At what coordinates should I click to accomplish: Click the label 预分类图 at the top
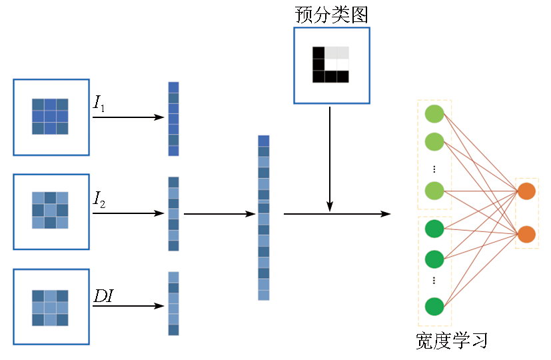coord(331,15)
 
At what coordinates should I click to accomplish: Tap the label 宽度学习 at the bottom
coord(452,341)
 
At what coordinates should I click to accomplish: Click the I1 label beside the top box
coord(99,103)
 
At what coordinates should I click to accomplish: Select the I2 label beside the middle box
coord(99,199)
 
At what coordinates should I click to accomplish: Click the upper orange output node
coord(526,191)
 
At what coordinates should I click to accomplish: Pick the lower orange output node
coord(526,234)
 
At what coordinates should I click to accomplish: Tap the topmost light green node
coord(434,114)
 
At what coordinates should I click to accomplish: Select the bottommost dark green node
coord(434,306)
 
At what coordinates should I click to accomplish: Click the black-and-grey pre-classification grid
coord(330,65)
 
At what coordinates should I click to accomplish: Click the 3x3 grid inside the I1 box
coord(50,117)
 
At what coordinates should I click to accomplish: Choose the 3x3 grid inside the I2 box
coord(50,210)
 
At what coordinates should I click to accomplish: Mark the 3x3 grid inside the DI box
coord(50,307)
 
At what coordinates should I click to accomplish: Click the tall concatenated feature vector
coord(264,217)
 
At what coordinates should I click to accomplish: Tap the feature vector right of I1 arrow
coord(173,119)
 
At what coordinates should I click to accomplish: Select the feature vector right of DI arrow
coord(173,303)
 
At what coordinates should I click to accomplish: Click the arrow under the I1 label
coord(128,117)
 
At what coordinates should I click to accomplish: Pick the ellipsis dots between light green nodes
coord(434,169)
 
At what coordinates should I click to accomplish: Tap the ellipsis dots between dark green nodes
coord(434,280)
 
